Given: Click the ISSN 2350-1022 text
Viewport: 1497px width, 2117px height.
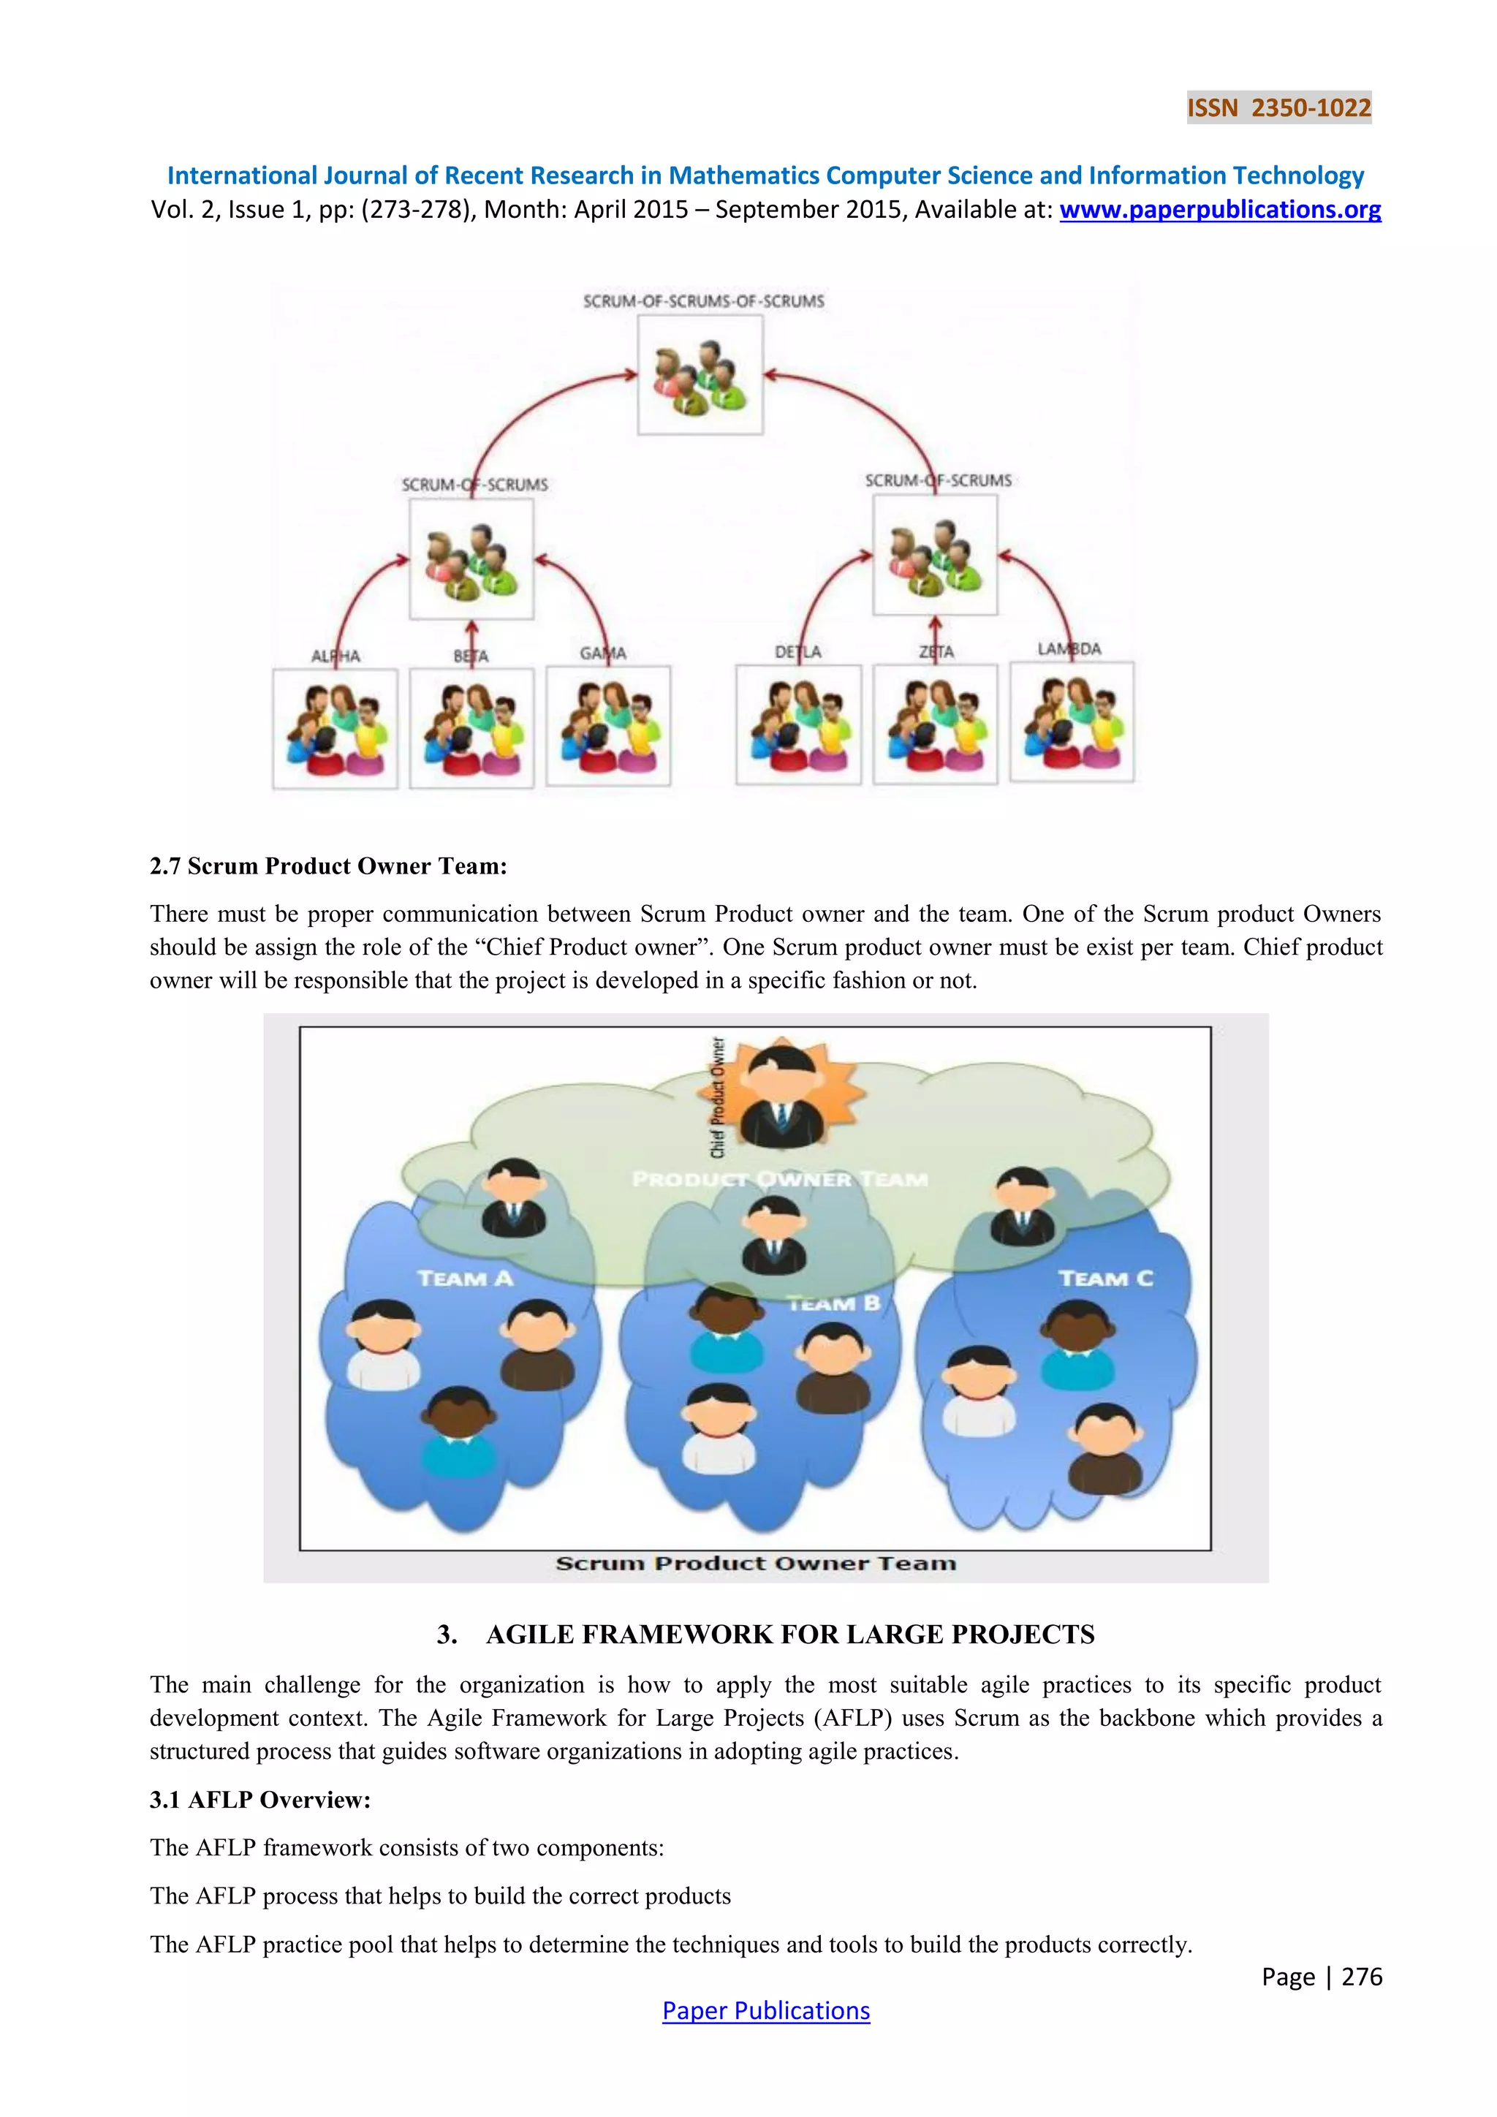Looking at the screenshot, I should [1278, 108].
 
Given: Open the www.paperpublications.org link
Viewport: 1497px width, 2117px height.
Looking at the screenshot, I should [1219, 211].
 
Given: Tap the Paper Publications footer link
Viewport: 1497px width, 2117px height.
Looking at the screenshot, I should [765, 2010].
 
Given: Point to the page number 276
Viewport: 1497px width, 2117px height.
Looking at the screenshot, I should [1362, 1976].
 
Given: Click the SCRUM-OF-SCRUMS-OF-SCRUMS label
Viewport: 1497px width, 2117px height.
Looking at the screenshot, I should [703, 301].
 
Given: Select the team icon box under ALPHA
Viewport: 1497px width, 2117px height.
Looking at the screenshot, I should [336, 728].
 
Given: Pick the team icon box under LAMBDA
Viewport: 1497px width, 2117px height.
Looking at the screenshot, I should [1072, 723].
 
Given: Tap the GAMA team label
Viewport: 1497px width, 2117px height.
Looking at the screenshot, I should [603, 653].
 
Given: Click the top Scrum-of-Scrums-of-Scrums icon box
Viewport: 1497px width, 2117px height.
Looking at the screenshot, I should [700, 375].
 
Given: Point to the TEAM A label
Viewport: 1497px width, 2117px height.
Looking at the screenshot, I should [465, 1278].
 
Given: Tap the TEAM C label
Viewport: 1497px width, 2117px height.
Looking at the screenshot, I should [1105, 1278].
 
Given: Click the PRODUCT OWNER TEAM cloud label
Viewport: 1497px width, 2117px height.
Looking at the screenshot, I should [780, 1178].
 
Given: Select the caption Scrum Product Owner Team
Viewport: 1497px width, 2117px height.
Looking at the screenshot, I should [756, 1563].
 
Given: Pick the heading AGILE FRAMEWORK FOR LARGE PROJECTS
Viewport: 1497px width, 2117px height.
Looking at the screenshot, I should [790, 1634].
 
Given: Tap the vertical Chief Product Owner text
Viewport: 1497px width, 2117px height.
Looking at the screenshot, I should [718, 1097].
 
